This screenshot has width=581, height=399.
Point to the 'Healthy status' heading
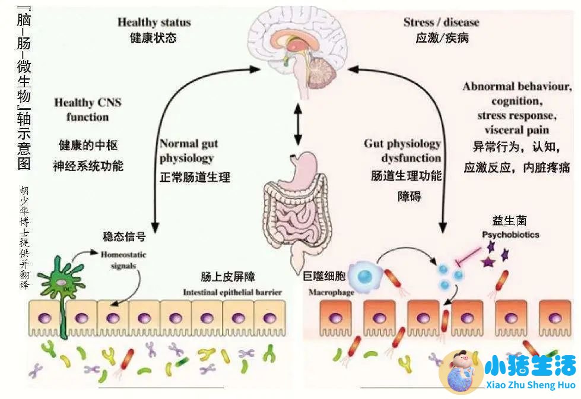tap(154, 23)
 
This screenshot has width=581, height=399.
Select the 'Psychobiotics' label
tap(510, 235)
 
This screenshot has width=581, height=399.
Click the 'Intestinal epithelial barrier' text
tap(232, 292)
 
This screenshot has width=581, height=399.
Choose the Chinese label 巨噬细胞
tap(325, 275)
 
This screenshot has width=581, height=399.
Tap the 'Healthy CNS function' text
tap(88, 109)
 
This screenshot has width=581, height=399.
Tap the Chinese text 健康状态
tap(153, 37)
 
